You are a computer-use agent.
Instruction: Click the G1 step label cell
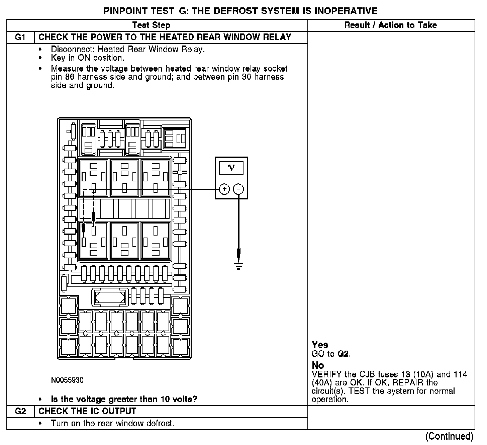pyautogui.click(x=20, y=37)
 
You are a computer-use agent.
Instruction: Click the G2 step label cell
pyautogui.click(x=20, y=411)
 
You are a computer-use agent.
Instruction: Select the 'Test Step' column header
pyautogui.click(x=151, y=25)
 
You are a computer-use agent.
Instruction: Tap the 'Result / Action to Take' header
pyautogui.click(x=391, y=25)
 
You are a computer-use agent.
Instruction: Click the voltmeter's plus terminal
pyautogui.click(x=224, y=189)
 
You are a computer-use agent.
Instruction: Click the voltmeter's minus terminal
pyautogui.click(x=238, y=189)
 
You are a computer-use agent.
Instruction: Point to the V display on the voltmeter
pyautogui.click(x=231, y=168)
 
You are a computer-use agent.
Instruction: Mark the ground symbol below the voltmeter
pyautogui.click(x=238, y=266)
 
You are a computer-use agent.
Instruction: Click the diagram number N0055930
pyautogui.click(x=67, y=380)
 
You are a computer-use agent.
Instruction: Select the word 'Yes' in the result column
pyautogui.click(x=320, y=345)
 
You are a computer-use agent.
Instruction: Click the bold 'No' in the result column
pyautogui.click(x=318, y=365)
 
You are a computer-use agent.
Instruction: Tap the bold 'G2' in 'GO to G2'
pyautogui.click(x=344, y=354)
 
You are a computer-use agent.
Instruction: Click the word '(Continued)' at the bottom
pyautogui.click(x=449, y=436)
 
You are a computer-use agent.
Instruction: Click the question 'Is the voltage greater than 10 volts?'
pyautogui.click(x=124, y=399)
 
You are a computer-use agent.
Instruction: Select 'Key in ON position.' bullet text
pyautogui.click(x=88, y=58)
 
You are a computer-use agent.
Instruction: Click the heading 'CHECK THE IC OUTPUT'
pyautogui.click(x=88, y=411)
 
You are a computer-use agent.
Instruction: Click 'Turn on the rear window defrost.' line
pyautogui.click(x=112, y=423)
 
